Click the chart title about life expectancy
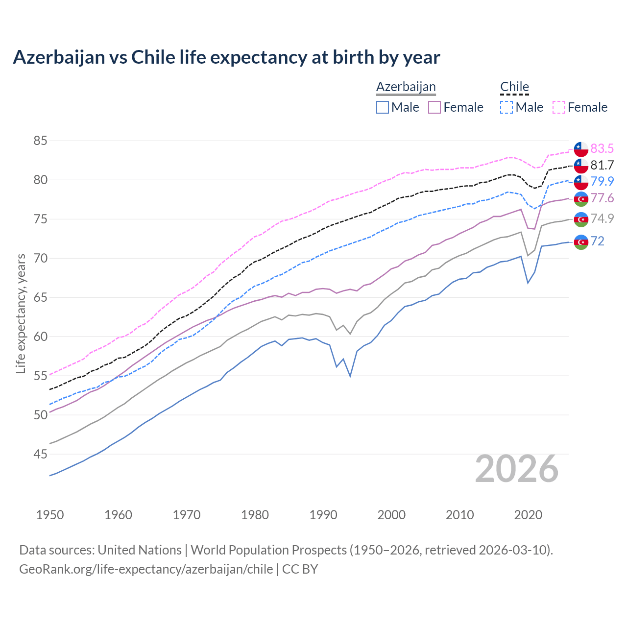click(x=226, y=57)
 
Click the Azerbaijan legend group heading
click(x=406, y=87)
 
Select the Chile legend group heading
click(x=514, y=87)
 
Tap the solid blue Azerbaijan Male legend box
click(x=383, y=107)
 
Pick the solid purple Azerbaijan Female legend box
click(x=434, y=107)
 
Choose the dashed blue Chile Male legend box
click(x=506, y=107)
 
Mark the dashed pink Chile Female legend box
click(x=559, y=107)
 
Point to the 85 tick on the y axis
click(x=40, y=141)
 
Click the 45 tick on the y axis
click(x=40, y=455)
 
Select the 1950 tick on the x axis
click(x=50, y=515)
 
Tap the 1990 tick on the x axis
click(x=323, y=515)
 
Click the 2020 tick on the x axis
click(x=528, y=515)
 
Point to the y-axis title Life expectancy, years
click(x=21, y=313)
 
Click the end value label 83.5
click(x=602, y=148)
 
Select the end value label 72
click(x=597, y=241)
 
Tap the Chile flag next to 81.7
click(x=581, y=166)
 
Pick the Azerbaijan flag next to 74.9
click(x=581, y=219)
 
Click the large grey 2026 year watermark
click(x=517, y=469)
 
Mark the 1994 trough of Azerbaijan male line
click(x=350, y=376)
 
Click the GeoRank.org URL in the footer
click(x=146, y=569)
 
